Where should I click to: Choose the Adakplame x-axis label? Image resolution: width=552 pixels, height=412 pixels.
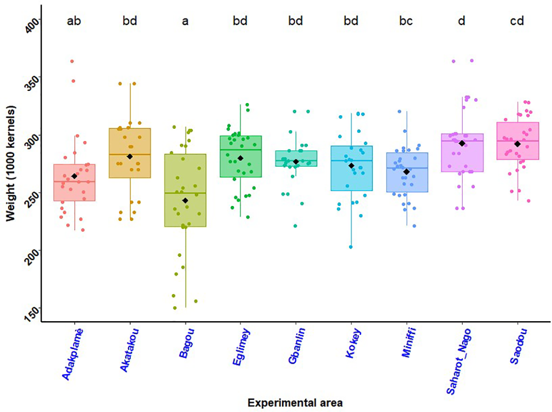[x=71, y=352]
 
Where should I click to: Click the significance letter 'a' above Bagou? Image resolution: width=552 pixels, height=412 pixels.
[x=185, y=21]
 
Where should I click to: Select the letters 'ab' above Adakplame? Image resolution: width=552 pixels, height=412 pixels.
[x=74, y=21]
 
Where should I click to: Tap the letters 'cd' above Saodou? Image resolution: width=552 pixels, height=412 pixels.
[x=517, y=21]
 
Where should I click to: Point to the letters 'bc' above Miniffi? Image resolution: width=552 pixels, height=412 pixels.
[x=406, y=21]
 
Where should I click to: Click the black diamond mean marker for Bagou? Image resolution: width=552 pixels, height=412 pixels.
[x=185, y=200]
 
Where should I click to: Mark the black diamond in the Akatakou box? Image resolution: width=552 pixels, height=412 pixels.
[x=130, y=156]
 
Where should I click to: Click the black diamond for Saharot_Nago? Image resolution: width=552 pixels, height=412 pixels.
[x=462, y=143]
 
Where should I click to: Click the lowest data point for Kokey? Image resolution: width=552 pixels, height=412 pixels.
[x=351, y=247]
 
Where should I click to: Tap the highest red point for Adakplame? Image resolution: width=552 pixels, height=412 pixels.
[x=72, y=61]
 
